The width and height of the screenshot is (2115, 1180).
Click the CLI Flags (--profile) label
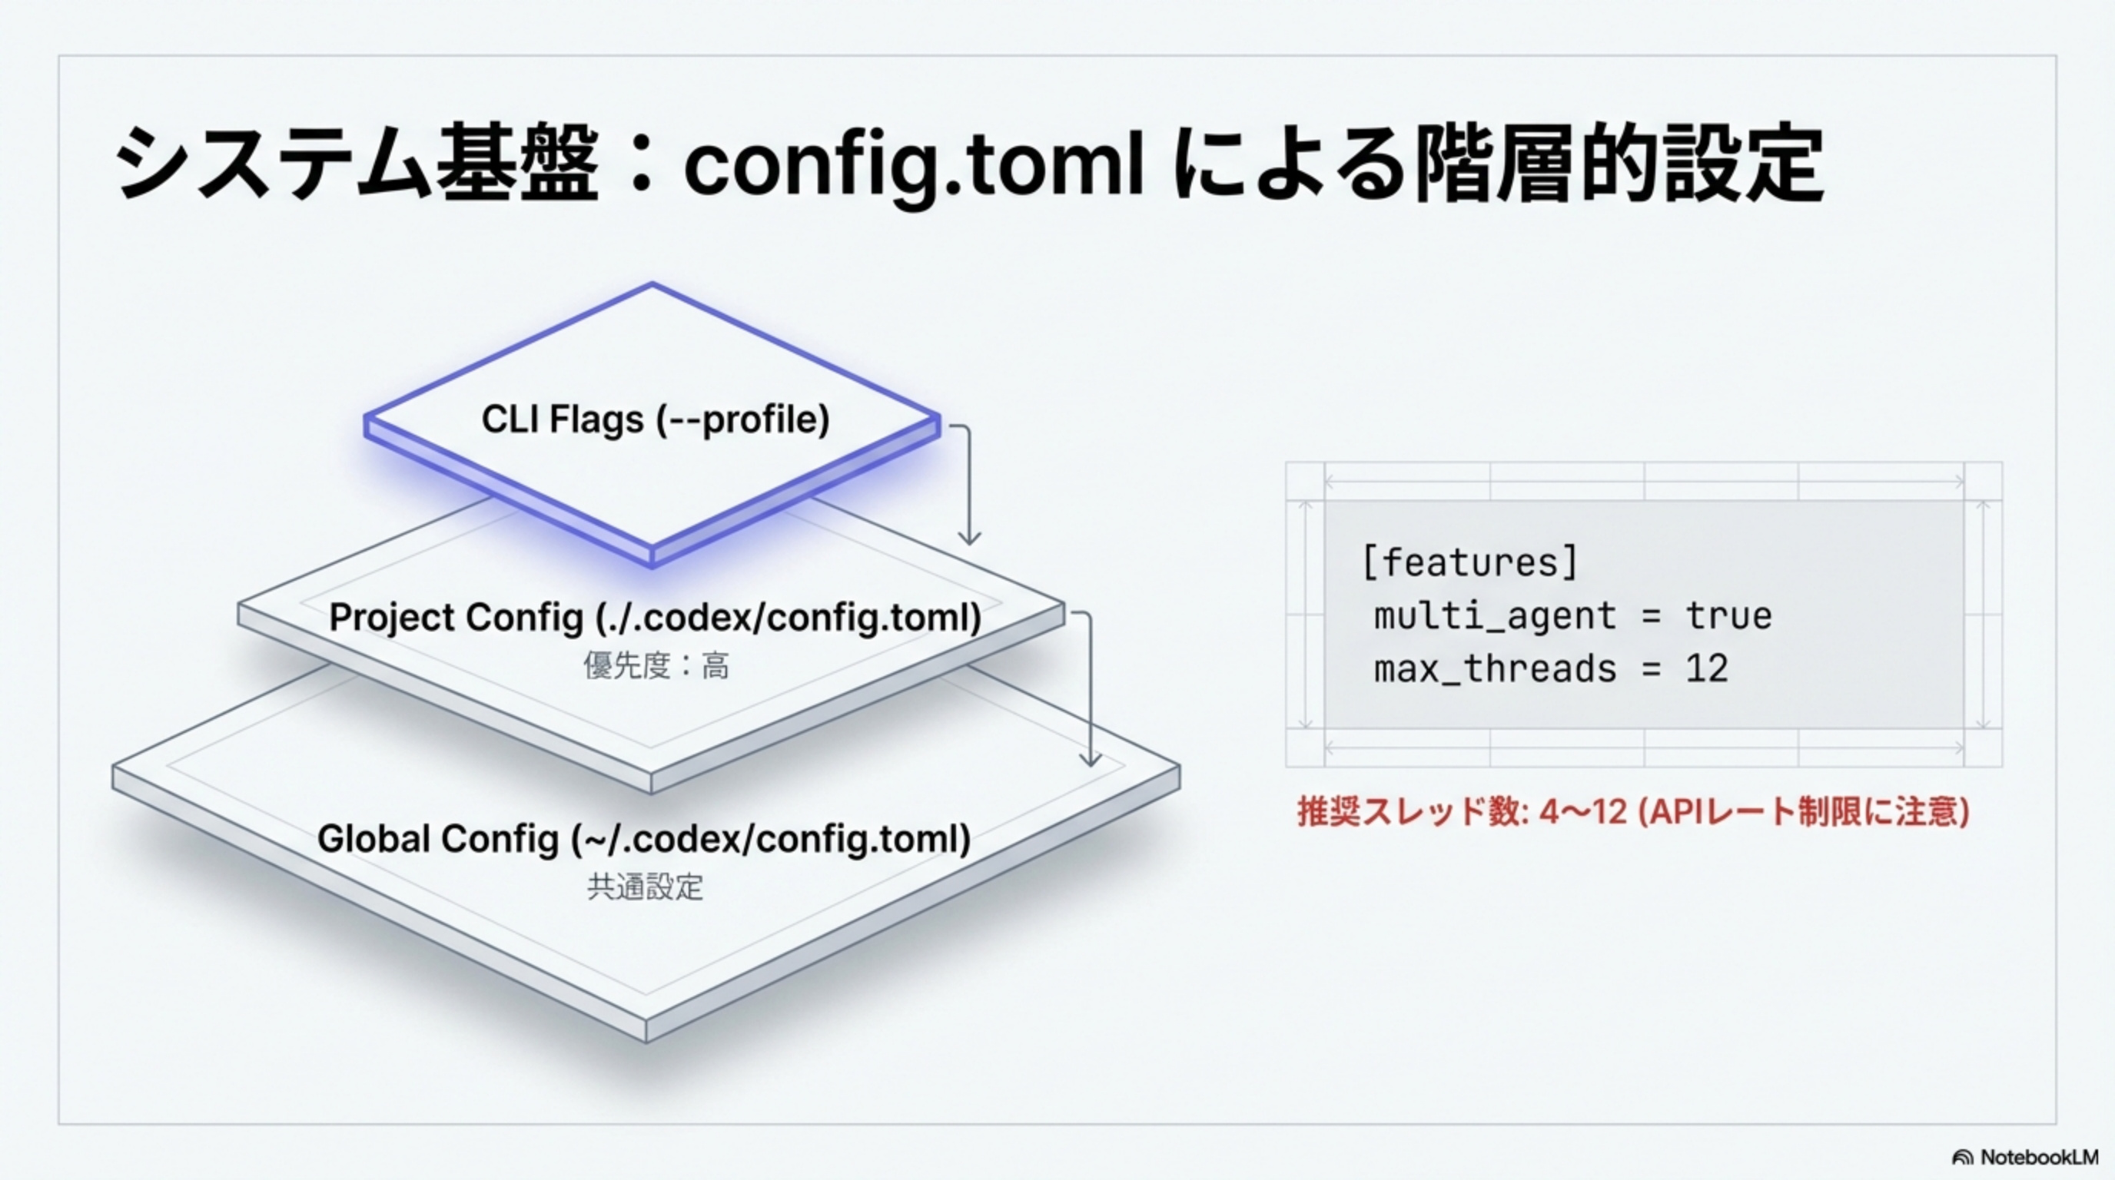click(656, 419)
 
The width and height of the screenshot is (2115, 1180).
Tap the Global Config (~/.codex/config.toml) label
click(644, 839)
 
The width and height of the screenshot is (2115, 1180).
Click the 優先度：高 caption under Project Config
click(656, 665)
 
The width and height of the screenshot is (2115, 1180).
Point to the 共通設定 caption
click(646, 887)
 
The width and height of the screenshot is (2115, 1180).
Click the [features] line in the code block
click(1469, 563)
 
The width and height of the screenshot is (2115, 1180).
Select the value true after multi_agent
click(1728, 615)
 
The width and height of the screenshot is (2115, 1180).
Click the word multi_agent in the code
click(1494, 616)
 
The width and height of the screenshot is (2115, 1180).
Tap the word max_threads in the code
click(1494, 669)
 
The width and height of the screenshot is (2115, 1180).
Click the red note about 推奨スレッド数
click(1633, 811)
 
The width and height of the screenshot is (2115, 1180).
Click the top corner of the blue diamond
click(652, 285)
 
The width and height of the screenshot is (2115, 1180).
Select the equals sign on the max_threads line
click(1651, 669)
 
